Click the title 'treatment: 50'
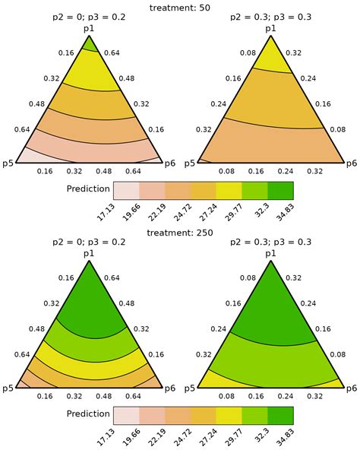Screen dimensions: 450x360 coord(179,7)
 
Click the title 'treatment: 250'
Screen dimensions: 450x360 coord(179,233)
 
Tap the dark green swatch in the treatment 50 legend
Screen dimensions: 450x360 coord(279,190)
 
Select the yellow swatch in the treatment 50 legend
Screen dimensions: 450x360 coord(229,190)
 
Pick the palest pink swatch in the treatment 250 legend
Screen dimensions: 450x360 coord(125,414)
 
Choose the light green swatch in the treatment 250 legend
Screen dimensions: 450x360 coord(254,414)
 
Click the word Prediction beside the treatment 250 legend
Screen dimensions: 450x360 coord(88,414)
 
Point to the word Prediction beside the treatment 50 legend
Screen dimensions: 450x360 coord(88,189)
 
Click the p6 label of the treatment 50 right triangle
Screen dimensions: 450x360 coord(351,163)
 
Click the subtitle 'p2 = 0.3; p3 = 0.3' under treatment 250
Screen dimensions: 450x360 coord(270,243)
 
